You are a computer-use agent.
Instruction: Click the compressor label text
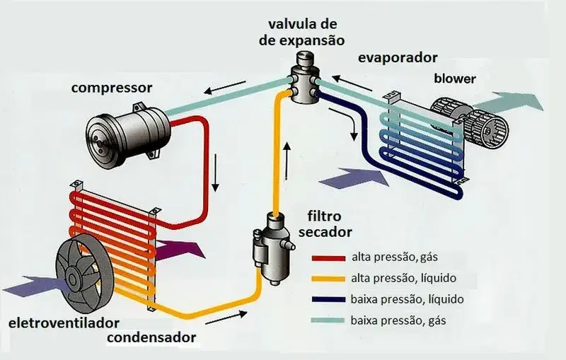(112, 89)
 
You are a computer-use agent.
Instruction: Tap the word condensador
(151, 337)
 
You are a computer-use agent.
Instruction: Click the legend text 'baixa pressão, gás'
(398, 320)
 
